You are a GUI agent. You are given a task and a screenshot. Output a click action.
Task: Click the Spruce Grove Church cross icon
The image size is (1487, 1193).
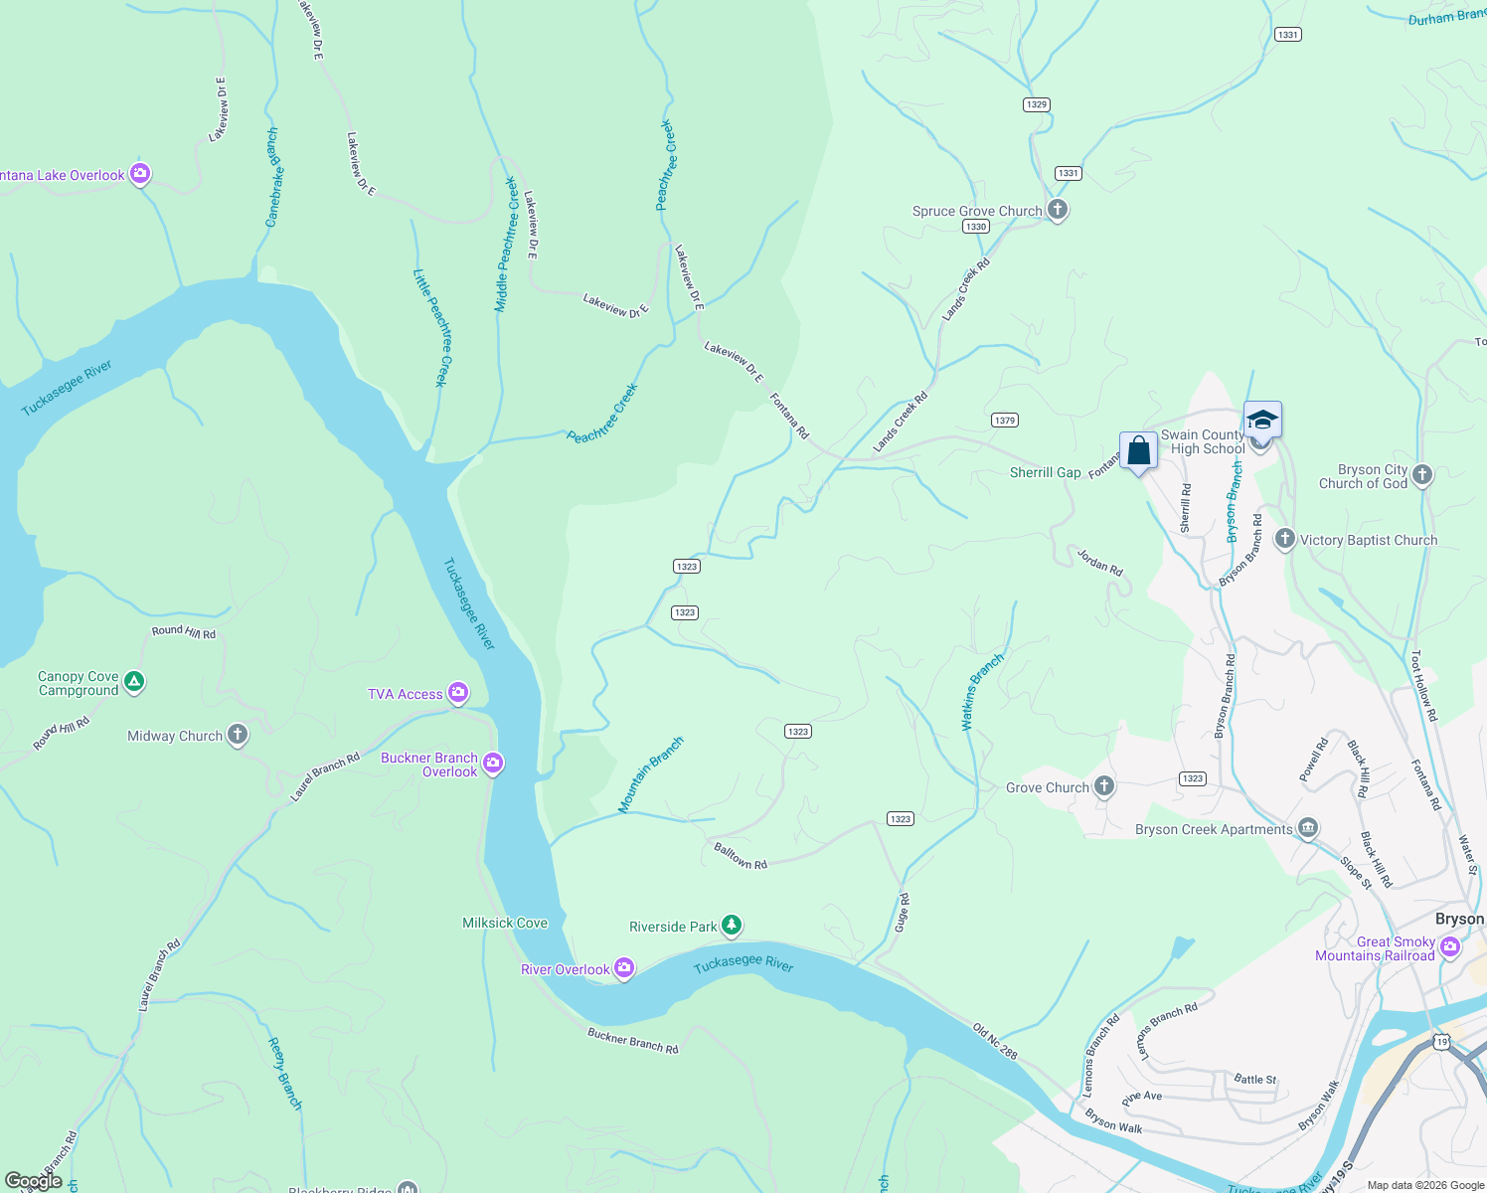pos(1058,210)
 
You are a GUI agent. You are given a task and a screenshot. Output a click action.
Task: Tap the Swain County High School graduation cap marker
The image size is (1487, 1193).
pos(1262,420)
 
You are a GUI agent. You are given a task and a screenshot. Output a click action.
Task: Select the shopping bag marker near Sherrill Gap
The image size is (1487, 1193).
pos(1138,451)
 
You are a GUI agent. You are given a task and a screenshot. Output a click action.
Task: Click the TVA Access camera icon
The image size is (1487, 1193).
pos(458,693)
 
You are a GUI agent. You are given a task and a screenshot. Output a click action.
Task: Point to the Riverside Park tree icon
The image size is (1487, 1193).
pos(732,927)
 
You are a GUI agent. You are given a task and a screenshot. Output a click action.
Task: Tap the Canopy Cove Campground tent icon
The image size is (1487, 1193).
pos(135,683)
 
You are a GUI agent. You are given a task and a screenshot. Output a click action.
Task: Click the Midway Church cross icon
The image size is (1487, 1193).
pos(237,736)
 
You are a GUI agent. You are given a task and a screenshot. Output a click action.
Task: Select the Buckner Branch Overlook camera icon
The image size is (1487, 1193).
pos(494,764)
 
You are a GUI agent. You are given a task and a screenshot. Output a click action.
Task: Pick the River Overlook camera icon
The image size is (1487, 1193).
pos(624,968)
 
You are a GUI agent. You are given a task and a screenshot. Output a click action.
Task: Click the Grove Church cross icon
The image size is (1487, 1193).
pos(1104,787)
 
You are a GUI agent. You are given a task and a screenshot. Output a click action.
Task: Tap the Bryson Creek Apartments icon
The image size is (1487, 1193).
pos(1308,828)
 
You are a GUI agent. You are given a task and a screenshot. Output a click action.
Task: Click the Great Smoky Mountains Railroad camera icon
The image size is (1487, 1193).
pos(1450,946)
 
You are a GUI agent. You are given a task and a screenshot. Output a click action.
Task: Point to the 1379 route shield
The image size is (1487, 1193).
pos(1005,421)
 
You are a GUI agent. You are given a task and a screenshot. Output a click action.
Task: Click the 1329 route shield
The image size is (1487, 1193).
pos(1037,104)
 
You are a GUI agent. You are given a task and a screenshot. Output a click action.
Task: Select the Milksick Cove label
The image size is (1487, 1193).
pos(505,923)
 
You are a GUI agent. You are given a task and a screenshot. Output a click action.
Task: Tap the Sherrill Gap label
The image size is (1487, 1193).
pos(1045,472)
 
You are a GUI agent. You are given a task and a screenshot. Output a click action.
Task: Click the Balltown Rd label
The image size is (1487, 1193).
pos(741,856)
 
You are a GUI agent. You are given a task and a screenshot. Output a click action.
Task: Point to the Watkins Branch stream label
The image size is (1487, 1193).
pos(982,692)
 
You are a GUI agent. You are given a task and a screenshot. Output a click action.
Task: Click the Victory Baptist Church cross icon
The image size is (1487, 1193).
pos(1284,539)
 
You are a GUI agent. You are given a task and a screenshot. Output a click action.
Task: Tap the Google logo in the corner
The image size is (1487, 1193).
pos(35,1181)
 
